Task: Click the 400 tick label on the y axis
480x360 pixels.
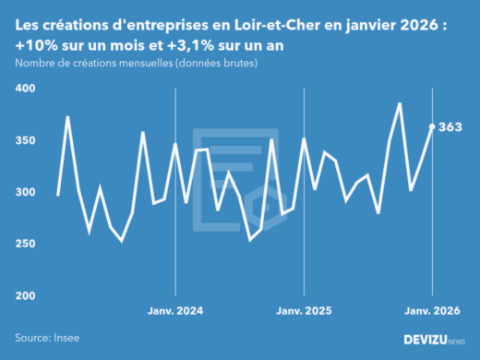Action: [25, 89]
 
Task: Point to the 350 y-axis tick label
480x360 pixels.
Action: [25, 140]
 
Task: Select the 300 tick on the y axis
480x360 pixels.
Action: [25, 192]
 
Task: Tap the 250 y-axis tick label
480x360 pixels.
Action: [25, 244]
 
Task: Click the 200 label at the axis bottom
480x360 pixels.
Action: [25, 295]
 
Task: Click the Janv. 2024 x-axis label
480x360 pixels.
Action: [175, 311]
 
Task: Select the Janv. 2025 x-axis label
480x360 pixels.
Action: [304, 311]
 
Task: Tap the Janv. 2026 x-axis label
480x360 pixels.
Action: [432, 311]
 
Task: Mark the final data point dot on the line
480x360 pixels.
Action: [432, 126]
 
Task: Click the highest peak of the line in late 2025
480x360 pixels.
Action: [400, 103]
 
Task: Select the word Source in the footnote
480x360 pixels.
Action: [34, 339]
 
